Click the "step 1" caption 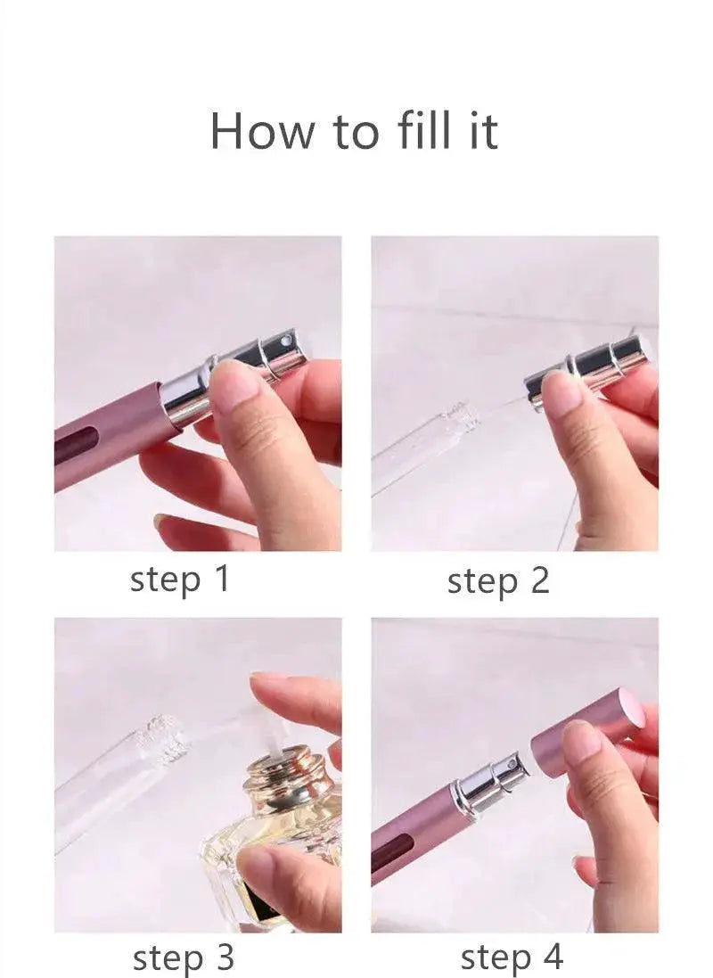click(180, 580)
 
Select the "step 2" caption click(498, 581)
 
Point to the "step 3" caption click(184, 958)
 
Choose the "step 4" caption click(512, 957)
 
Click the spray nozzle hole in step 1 click(286, 341)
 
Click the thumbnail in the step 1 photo click(234, 390)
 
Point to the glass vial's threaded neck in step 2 click(461, 416)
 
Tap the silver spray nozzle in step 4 click(493, 781)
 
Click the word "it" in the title click(481, 131)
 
